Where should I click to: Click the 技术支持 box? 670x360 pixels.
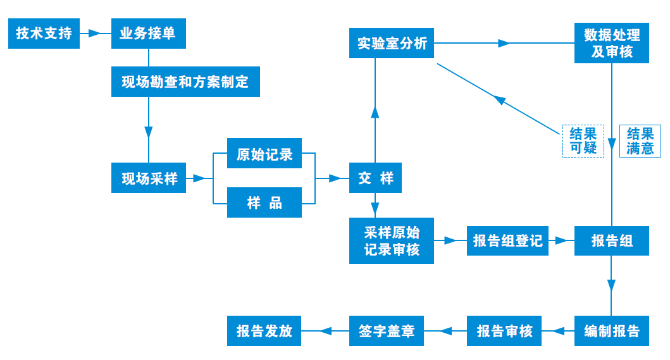[44, 34]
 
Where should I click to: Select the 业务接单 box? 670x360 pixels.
[149, 34]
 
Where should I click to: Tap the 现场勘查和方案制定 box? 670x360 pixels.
[185, 82]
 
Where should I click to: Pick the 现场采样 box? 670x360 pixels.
[149, 179]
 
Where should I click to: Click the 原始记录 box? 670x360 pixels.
[264, 154]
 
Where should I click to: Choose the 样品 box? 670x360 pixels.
[264, 203]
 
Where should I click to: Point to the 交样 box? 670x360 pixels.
[375, 179]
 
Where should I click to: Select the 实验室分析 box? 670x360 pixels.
[392, 44]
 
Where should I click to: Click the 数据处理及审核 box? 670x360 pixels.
[612, 44]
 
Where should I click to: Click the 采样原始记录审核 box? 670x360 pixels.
[392, 240]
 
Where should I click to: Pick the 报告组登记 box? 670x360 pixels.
[507, 240]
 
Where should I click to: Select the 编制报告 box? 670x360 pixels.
[612, 331]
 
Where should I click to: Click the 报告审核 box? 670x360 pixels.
[504, 331]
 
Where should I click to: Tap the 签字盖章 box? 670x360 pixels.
[387, 331]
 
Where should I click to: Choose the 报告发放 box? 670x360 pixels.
[264, 331]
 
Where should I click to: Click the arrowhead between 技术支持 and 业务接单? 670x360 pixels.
[95, 34]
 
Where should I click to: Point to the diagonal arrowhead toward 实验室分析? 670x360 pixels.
[500, 100]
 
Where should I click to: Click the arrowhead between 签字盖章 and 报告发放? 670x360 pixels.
[325, 331]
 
